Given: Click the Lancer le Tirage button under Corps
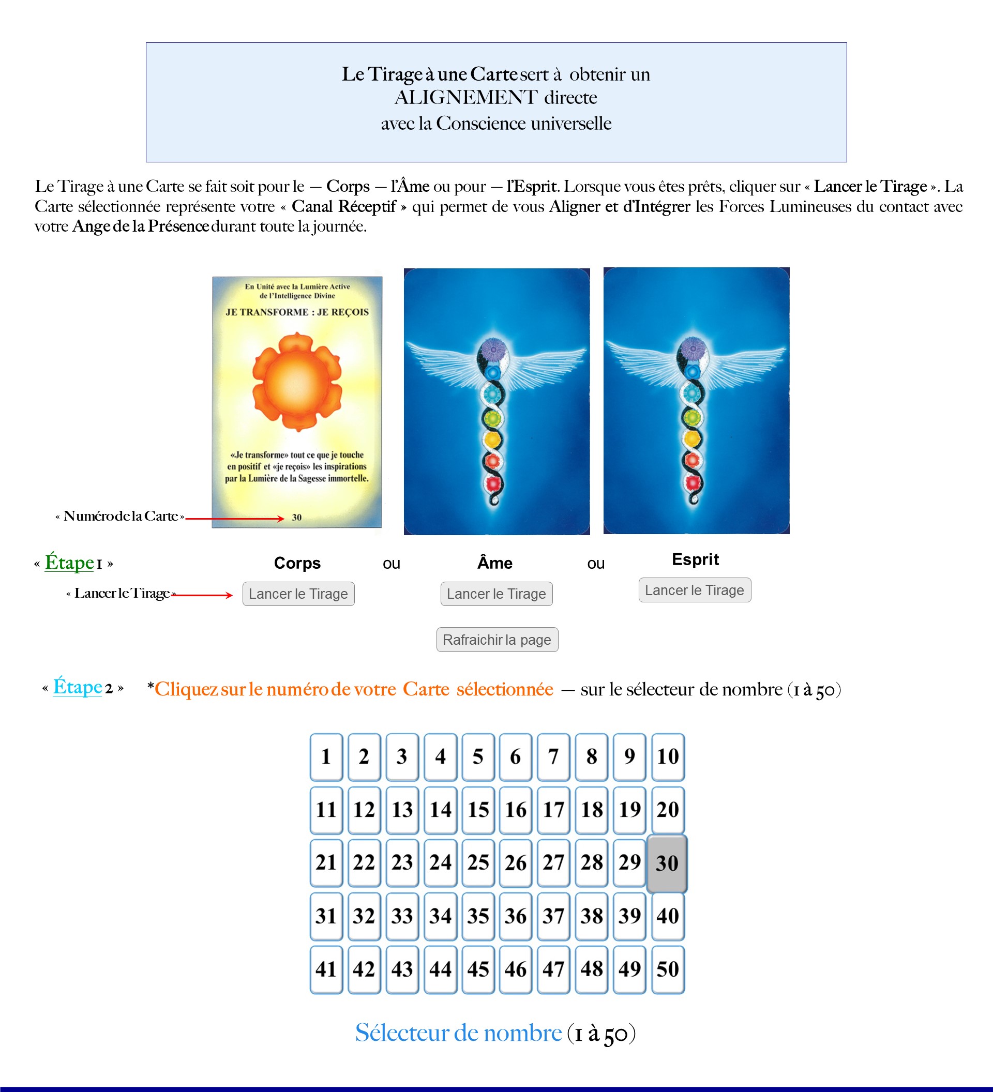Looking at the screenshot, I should pyautogui.click(x=298, y=594).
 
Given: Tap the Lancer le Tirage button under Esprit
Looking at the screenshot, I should pyautogui.click(x=694, y=590).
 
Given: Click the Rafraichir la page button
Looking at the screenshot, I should pyautogui.click(x=497, y=640).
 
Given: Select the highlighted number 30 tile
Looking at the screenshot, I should pyautogui.click(x=667, y=863).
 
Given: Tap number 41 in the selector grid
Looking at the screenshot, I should pyautogui.click(x=326, y=969).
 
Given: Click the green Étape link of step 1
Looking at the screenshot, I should pyautogui.click(x=69, y=562).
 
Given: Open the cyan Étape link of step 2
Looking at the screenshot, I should pyautogui.click(x=78, y=687).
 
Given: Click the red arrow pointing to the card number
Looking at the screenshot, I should pyautogui.click(x=234, y=519).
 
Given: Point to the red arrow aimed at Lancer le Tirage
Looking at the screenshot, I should pyautogui.click(x=202, y=595).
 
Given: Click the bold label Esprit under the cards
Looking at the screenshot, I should pyautogui.click(x=695, y=559).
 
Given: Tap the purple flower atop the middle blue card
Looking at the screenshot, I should pyautogui.click(x=493, y=350).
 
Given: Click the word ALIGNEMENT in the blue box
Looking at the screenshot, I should pyautogui.click(x=466, y=98).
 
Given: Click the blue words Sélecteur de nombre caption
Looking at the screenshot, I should pyautogui.click(x=458, y=1033).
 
